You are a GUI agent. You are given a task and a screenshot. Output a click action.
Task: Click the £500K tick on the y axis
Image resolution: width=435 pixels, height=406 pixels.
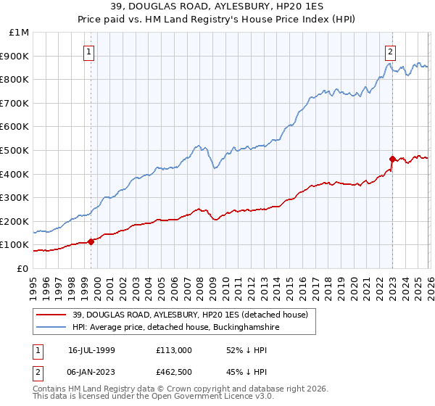click(17, 150)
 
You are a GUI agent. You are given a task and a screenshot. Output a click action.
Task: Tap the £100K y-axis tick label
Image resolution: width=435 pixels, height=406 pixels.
click(17, 245)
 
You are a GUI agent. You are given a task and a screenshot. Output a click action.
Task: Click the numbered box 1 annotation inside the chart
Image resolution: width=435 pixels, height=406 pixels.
click(88, 51)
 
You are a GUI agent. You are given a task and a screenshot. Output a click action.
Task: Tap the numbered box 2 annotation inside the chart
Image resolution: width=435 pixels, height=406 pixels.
click(390, 51)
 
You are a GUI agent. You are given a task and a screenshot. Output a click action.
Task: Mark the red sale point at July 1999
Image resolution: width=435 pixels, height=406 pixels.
click(91, 241)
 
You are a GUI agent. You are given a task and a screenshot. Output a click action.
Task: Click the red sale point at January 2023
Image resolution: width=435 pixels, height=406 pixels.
click(392, 159)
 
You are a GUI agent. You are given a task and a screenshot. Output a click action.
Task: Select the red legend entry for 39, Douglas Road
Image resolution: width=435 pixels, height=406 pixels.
click(190, 315)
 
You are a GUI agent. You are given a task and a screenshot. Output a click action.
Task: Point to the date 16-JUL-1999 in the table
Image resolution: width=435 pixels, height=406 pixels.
click(91, 349)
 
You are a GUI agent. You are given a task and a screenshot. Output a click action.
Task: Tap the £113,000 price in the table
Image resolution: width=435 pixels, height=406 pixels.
click(174, 349)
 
